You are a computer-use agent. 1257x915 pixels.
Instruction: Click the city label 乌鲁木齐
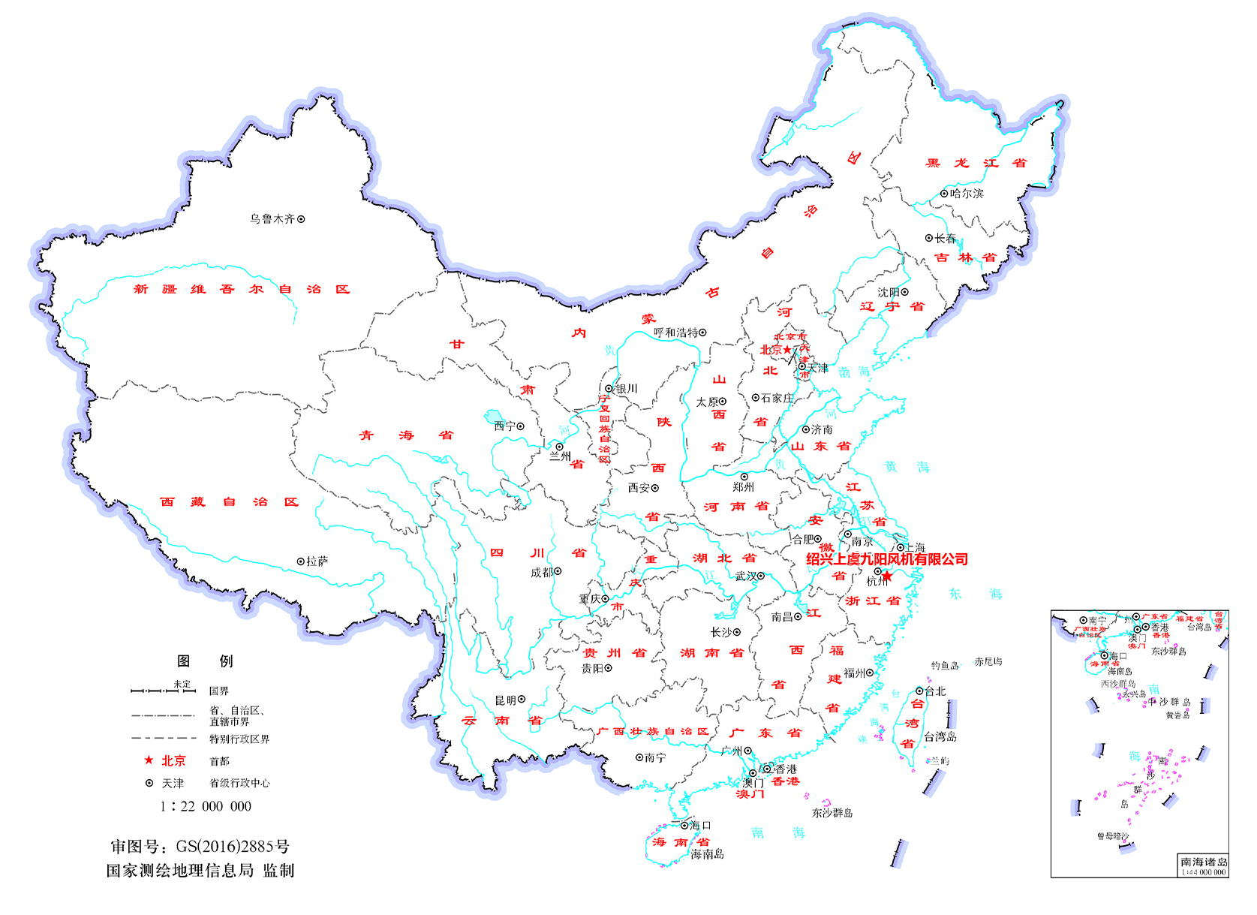tap(272, 219)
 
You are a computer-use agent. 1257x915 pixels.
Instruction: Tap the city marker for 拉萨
tap(300, 561)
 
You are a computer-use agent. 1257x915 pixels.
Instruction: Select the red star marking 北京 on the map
tap(786, 350)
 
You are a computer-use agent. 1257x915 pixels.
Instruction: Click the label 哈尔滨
tap(967, 194)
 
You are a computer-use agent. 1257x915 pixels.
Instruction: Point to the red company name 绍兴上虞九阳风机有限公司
tap(886, 559)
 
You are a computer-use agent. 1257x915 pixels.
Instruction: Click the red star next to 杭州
tap(887, 576)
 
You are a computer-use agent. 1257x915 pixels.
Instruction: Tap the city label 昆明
tap(505, 700)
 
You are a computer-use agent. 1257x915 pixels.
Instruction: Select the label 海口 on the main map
tap(700, 826)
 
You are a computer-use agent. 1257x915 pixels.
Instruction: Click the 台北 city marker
tap(919, 691)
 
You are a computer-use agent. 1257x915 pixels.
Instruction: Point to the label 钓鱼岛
tap(945, 666)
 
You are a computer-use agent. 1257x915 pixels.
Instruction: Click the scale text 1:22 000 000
tap(206, 806)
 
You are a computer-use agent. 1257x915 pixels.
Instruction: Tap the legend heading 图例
tap(205, 661)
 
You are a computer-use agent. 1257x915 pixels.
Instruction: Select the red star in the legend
tap(149, 760)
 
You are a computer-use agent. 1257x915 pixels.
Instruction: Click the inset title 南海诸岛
tap(1204, 862)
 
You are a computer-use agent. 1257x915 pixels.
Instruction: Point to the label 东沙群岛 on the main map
tap(831, 813)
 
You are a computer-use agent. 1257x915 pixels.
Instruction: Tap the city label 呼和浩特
tap(675, 333)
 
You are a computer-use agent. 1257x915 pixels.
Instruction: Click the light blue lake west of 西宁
tap(495, 417)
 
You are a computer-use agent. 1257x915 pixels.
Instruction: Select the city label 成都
tap(541, 573)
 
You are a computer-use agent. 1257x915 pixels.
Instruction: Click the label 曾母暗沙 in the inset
tap(1112, 836)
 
